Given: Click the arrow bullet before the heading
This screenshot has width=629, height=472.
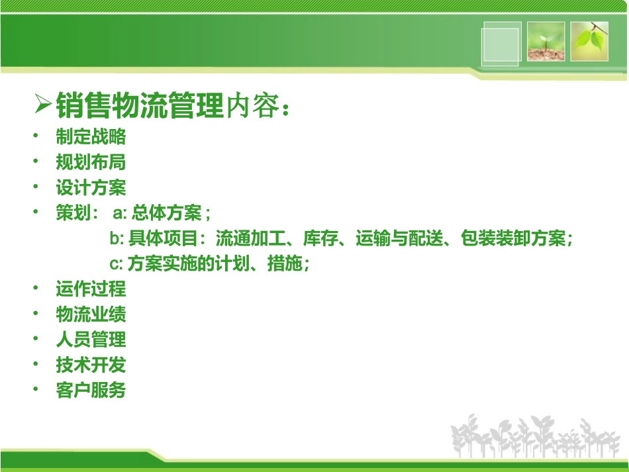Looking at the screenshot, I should click(x=43, y=103).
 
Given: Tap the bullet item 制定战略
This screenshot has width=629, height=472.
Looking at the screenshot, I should click(x=91, y=137).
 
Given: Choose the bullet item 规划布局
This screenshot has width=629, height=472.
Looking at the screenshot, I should click(x=91, y=162).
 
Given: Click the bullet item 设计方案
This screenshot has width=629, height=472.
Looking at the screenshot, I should click(x=91, y=188).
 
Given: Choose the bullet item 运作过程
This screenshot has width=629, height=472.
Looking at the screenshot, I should click(x=91, y=289).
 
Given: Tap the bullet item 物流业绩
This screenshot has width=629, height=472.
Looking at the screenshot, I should click(x=91, y=314).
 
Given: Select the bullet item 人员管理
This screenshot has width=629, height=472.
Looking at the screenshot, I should click(x=91, y=340).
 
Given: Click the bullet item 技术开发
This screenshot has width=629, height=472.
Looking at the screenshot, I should click(x=91, y=365).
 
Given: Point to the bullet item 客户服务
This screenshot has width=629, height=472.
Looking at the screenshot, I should click(x=91, y=391).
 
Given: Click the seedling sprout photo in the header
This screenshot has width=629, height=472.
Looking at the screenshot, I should click(x=546, y=41).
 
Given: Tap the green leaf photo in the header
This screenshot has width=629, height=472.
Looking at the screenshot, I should click(x=589, y=41).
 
